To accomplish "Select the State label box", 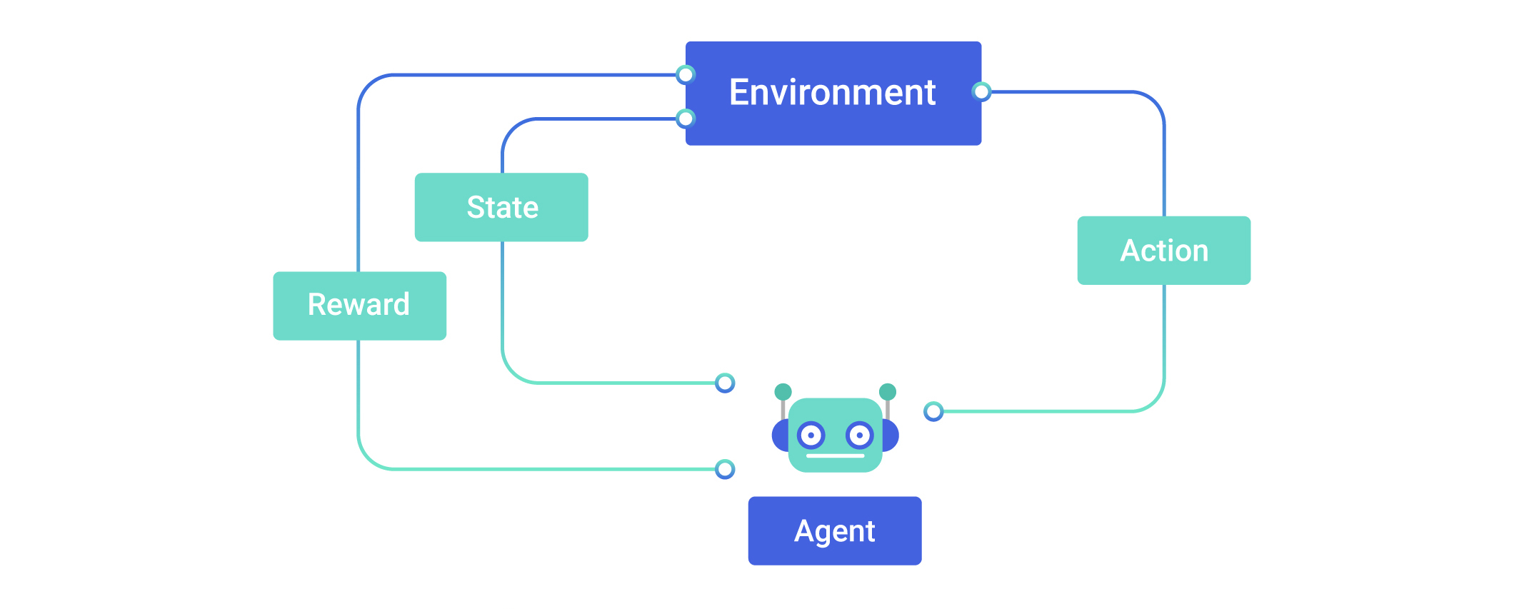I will click(x=501, y=207).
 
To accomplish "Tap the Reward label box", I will click(x=359, y=306).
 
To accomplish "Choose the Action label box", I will click(x=1163, y=251).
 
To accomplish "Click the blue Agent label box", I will click(x=834, y=530).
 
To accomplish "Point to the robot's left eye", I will click(x=811, y=435).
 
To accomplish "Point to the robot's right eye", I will click(x=859, y=435).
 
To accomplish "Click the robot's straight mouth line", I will click(x=835, y=456).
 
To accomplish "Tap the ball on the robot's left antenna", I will click(x=783, y=392).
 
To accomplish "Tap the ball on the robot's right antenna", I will click(x=887, y=391).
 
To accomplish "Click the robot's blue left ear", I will click(x=779, y=435).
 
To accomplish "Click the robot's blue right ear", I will click(x=891, y=435).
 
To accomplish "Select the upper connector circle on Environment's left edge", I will click(x=686, y=74).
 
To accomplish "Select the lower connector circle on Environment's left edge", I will click(x=686, y=119).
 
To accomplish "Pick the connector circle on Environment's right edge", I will click(x=982, y=91).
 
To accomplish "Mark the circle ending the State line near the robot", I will click(x=725, y=383).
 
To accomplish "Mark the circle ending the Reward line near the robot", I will click(x=725, y=469).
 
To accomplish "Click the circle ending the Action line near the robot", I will click(x=933, y=411).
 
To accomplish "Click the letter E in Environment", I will click(x=739, y=92).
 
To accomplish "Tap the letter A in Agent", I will click(x=803, y=530).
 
